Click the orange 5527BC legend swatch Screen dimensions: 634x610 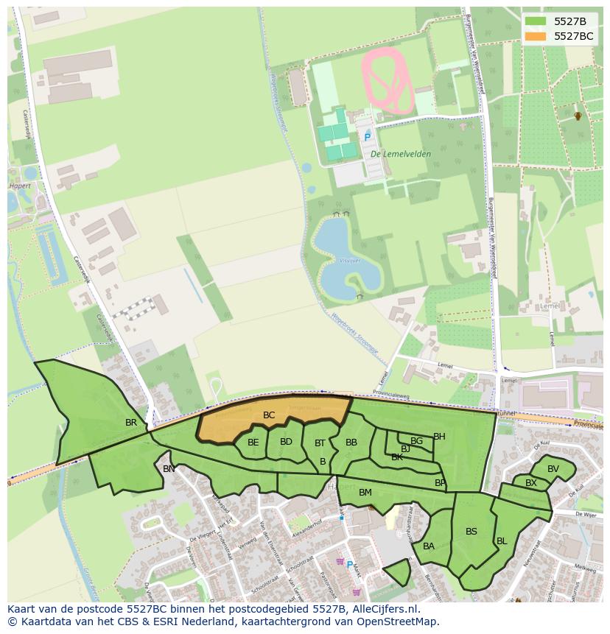pyautogui.click(x=536, y=36)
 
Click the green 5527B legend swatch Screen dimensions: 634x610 pyautogui.click(x=536, y=21)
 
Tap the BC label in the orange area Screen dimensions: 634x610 pyautogui.click(x=269, y=415)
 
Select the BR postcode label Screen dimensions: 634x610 pyautogui.click(x=131, y=423)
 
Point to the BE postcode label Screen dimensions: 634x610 pyautogui.click(x=253, y=443)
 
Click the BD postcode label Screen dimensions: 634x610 pyautogui.click(x=286, y=442)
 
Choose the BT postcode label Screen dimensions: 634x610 pyautogui.click(x=320, y=443)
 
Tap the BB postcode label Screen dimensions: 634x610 pyautogui.click(x=351, y=443)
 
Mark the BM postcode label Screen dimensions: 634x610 pyautogui.click(x=365, y=492)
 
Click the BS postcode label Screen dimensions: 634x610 pyautogui.click(x=471, y=532)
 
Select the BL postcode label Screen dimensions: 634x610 pyautogui.click(x=502, y=541)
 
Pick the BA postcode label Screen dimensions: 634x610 pyautogui.click(x=429, y=546)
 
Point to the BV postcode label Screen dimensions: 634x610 pyautogui.click(x=553, y=469)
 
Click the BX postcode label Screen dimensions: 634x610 pyautogui.click(x=531, y=483)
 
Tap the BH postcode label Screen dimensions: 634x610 pyautogui.click(x=439, y=437)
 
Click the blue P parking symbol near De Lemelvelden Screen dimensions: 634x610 pyautogui.click(x=367, y=138)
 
